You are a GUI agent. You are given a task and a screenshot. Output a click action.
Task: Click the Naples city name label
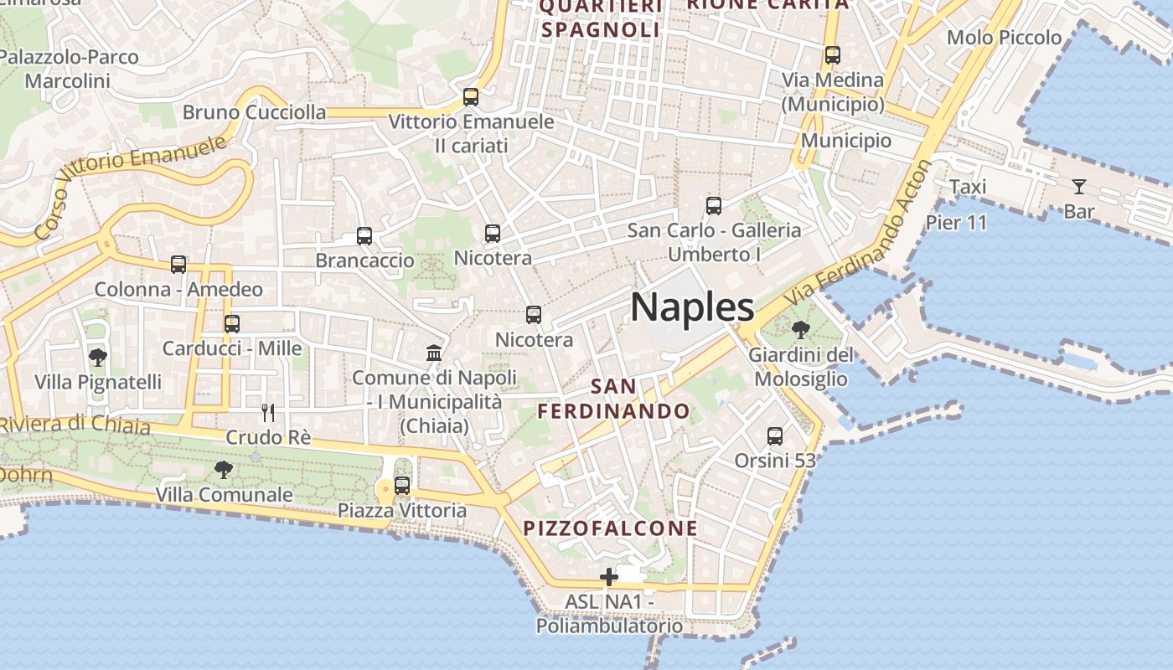click(x=692, y=307)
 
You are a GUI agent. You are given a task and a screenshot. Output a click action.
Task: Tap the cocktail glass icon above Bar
click(x=1078, y=187)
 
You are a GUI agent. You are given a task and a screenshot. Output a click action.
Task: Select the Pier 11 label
click(x=956, y=223)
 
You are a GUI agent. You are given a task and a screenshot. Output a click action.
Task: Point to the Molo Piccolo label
click(x=1004, y=38)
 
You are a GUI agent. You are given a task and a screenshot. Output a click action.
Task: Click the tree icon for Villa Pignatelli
click(x=98, y=358)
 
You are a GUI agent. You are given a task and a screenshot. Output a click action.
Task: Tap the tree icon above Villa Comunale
click(x=223, y=469)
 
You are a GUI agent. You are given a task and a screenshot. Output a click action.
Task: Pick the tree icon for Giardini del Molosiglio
click(x=800, y=329)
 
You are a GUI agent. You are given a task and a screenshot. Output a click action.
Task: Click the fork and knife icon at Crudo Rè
click(x=268, y=412)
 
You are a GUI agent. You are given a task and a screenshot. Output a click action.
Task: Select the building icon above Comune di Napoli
click(x=434, y=353)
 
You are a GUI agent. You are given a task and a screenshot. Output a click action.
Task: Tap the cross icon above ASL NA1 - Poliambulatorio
click(x=609, y=577)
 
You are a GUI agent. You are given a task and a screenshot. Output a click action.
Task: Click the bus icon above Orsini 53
click(x=775, y=436)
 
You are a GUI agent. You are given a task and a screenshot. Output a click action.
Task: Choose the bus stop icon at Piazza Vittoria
click(x=402, y=486)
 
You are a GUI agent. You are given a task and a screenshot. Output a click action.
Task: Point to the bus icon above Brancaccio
click(x=364, y=236)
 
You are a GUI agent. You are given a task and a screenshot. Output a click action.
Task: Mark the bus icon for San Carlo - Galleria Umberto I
click(x=714, y=205)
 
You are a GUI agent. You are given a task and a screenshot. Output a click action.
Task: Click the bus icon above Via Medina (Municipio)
click(x=832, y=55)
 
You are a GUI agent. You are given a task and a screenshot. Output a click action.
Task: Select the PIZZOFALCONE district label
click(x=610, y=528)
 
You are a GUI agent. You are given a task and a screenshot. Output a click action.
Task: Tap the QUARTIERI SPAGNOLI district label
click(x=601, y=18)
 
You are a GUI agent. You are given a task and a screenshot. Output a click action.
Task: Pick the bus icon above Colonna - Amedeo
click(x=178, y=265)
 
